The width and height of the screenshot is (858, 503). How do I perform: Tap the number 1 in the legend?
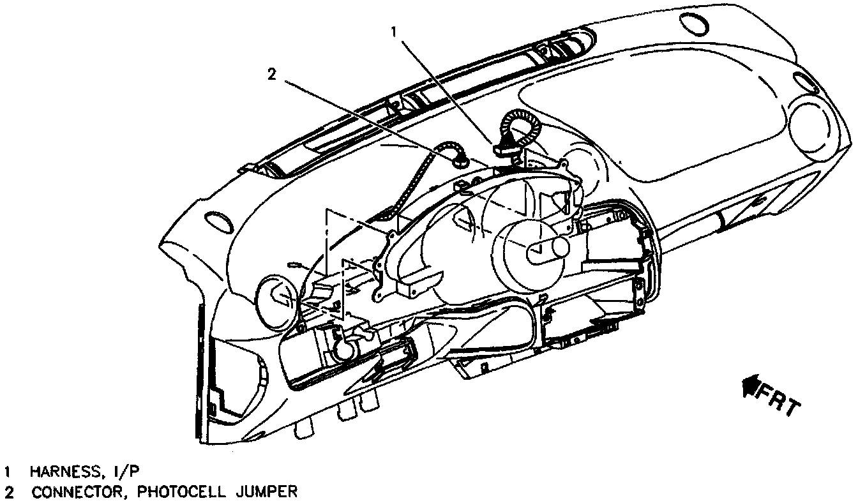8,472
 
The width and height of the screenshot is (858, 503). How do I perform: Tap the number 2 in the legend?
8,492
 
